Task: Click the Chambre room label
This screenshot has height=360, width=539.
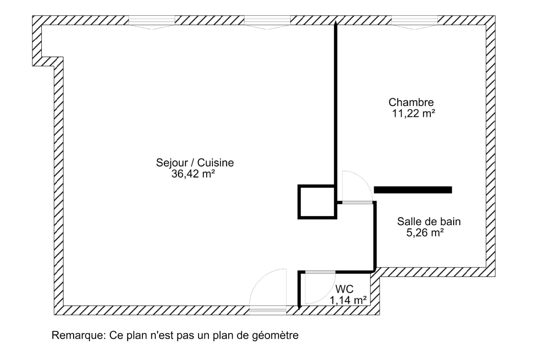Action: click(411, 102)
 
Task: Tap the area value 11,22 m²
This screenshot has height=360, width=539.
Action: click(413, 114)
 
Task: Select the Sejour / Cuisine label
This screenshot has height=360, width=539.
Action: click(194, 163)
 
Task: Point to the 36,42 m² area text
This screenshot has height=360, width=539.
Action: click(192, 174)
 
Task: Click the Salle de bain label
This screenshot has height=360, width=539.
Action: click(429, 221)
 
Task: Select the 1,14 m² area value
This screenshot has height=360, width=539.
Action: click(348, 300)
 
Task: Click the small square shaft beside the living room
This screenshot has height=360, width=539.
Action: click(317, 202)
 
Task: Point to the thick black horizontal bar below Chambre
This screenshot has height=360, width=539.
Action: click(413, 190)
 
